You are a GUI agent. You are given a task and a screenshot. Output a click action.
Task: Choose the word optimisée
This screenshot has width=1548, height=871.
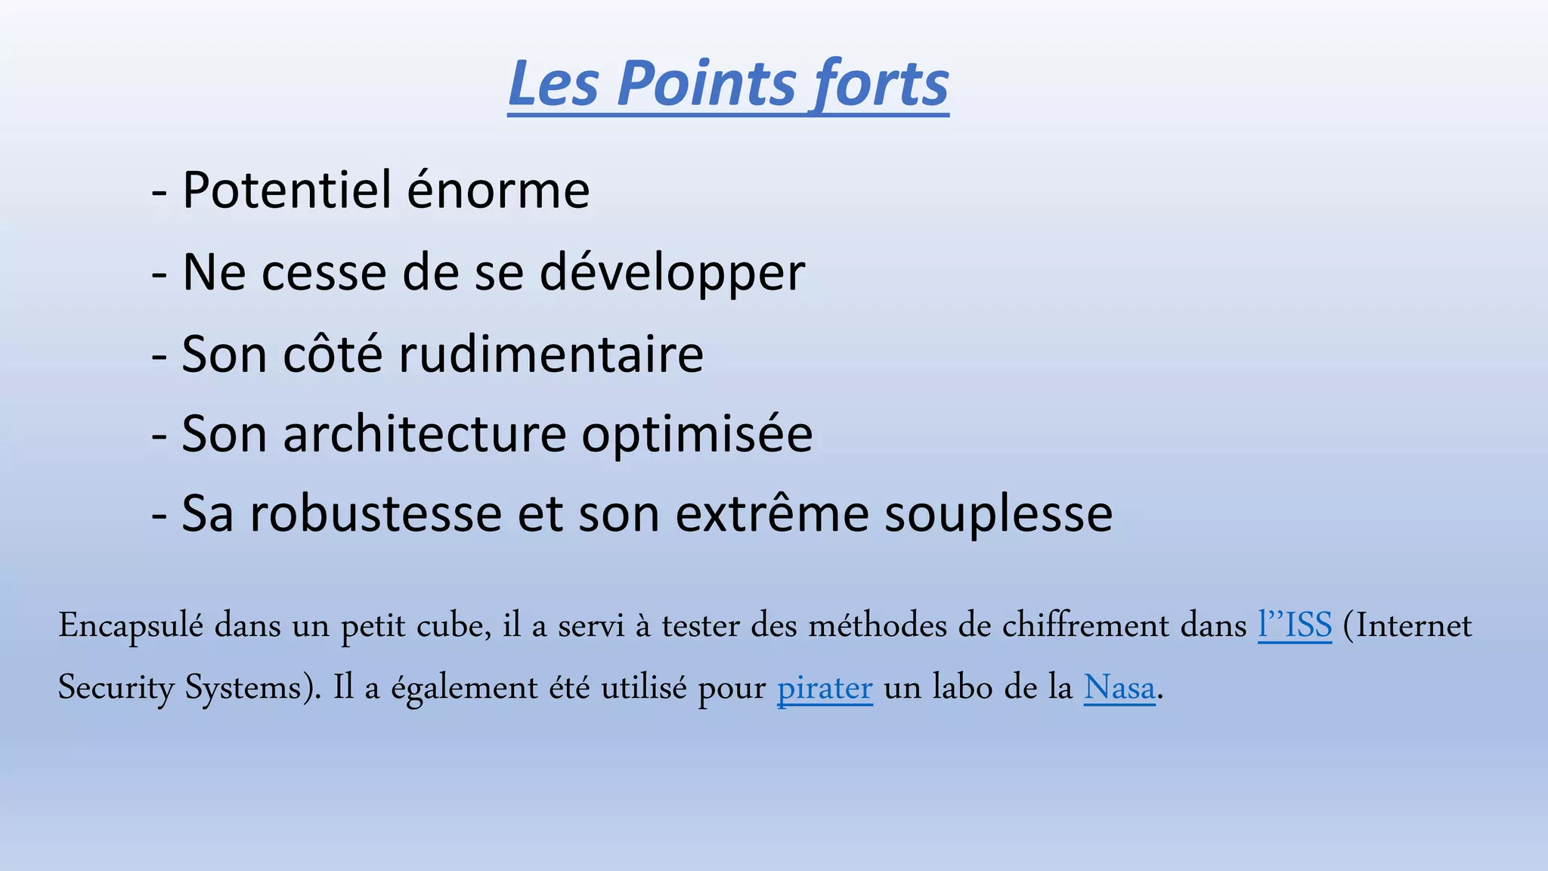pos(697,435)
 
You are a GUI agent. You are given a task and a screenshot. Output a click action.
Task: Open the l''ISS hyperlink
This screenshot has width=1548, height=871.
pos(1294,626)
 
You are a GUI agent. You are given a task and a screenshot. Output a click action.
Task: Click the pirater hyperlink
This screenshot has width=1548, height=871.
pos(825,688)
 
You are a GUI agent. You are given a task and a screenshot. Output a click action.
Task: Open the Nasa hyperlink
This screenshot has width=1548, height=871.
pos(1119,688)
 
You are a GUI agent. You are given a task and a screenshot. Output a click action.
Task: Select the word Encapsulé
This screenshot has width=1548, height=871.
pos(131,626)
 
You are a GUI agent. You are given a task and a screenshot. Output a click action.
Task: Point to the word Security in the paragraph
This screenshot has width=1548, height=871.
pos(116,688)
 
